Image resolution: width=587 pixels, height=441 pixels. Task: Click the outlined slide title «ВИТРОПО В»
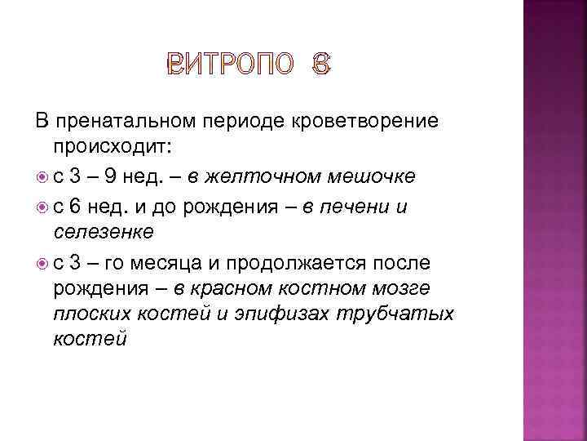click(249, 66)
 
